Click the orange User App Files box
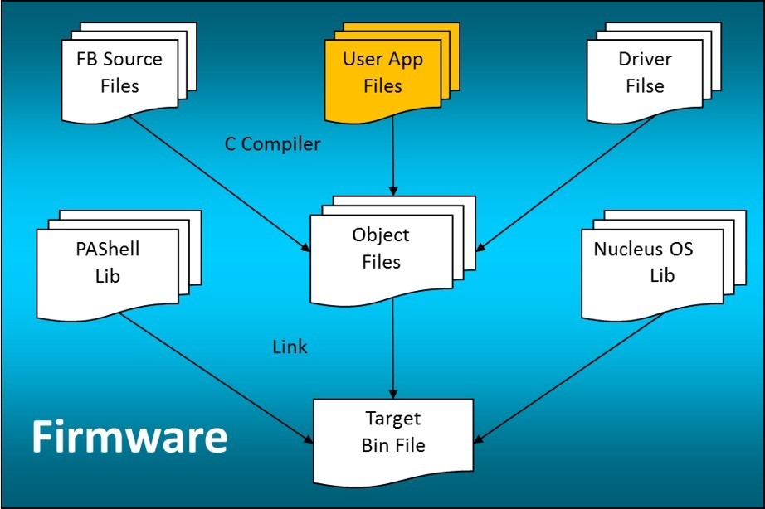[x=382, y=73]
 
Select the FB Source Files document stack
[x=119, y=72]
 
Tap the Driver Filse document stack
[x=644, y=72]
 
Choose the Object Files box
[x=381, y=249]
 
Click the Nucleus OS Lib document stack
[x=643, y=262]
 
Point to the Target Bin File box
[x=393, y=433]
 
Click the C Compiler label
[x=272, y=144]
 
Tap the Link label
[x=290, y=347]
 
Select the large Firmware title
[x=129, y=436]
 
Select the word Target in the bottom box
[x=393, y=419]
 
